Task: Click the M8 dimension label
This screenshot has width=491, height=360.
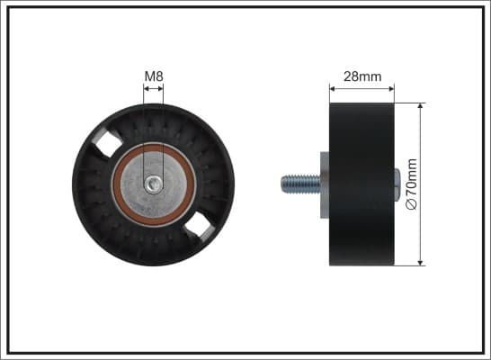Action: coord(154,76)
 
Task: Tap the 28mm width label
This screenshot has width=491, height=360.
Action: coord(362,76)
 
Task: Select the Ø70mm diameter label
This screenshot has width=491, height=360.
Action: coord(412,184)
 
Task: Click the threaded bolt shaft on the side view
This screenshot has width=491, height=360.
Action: coord(300,184)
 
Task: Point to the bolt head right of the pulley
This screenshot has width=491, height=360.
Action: coord(397,184)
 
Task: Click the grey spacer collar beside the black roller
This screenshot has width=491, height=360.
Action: coord(325,184)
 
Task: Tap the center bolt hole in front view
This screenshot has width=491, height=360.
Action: coord(154,184)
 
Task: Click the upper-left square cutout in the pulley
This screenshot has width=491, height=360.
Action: coord(108,144)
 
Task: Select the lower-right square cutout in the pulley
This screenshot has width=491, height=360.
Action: coord(200,228)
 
